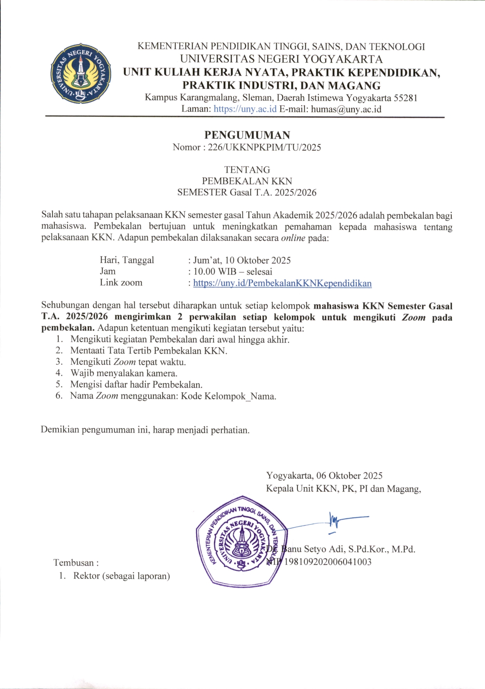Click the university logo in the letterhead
pos(81,73)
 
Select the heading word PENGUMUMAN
pos(247,135)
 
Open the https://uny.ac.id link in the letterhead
pos(245,109)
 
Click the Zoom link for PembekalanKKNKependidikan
pos(282,283)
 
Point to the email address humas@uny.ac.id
pos(346,109)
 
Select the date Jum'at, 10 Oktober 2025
pos(242,260)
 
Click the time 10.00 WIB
pos(215,272)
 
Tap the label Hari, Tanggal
pos(127,260)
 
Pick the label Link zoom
pos(121,283)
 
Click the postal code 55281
pos(405,97)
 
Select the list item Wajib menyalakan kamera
pos(124,373)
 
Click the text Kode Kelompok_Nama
pos(228,396)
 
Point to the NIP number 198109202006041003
pos(328,562)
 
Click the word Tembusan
pos(74,563)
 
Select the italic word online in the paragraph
pos(293,238)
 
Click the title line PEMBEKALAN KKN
pos(247,181)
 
